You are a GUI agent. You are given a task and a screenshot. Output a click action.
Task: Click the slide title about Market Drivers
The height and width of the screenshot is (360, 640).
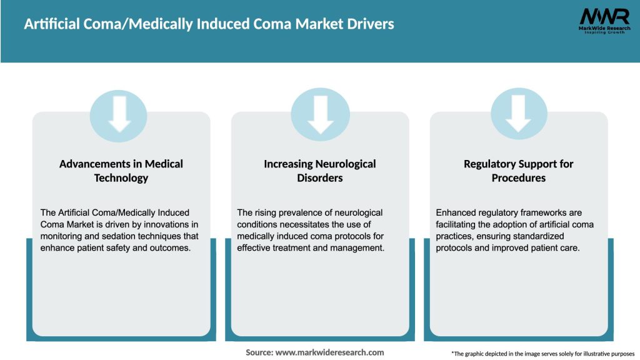[209, 24]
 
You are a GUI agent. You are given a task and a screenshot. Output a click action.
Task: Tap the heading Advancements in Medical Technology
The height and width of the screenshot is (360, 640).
[121, 171]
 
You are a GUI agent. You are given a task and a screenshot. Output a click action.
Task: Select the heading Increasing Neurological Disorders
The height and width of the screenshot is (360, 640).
[320, 171]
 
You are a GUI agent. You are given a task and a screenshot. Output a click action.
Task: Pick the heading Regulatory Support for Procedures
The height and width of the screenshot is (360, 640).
[518, 171]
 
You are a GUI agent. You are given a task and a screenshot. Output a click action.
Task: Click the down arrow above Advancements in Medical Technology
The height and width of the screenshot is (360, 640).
[119, 114]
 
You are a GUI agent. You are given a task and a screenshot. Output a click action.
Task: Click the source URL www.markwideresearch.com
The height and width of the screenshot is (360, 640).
[331, 352]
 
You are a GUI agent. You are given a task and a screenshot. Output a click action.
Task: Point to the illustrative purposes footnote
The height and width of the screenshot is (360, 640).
[542, 354]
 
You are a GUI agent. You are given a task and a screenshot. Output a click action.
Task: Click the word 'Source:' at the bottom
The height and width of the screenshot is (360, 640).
[259, 352]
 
